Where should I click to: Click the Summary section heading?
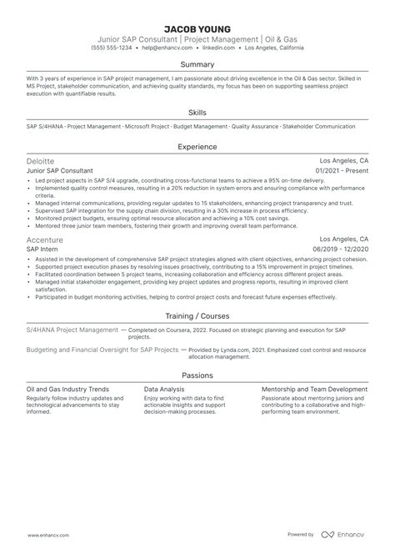[197, 63]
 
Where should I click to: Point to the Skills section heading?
[197, 112]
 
